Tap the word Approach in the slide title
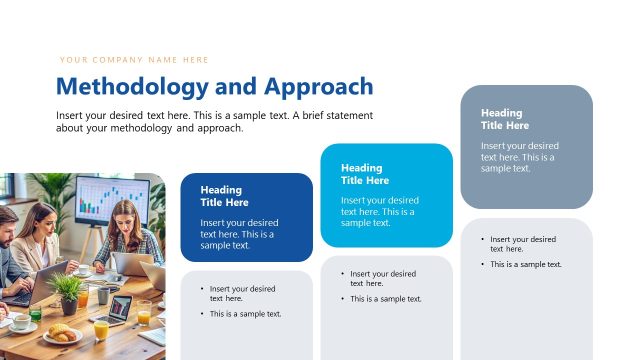(318, 86)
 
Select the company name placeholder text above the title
(134, 60)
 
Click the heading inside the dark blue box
(221, 196)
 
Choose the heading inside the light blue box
(361, 174)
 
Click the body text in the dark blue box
(237, 233)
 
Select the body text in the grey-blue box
(518, 157)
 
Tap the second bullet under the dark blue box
(245, 314)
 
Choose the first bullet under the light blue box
(382, 278)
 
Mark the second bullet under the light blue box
(385, 299)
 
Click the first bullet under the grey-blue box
(522, 244)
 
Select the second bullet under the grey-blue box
(525, 265)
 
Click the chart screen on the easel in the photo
(111, 200)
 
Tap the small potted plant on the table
(68, 293)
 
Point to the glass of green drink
(35, 314)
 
